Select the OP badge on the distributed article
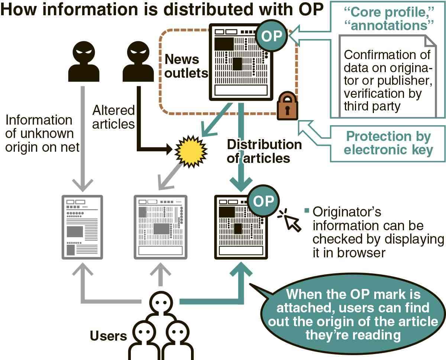click(x=263, y=201)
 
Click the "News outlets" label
click(x=186, y=66)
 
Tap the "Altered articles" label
click(x=113, y=117)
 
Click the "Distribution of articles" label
click(x=264, y=151)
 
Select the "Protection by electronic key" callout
click(x=388, y=143)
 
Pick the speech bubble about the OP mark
click(x=353, y=315)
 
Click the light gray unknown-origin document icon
click(x=82, y=227)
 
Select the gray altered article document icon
click(x=160, y=227)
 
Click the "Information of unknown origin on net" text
click(x=42, y=134)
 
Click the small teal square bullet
click(x=307, y=210)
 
